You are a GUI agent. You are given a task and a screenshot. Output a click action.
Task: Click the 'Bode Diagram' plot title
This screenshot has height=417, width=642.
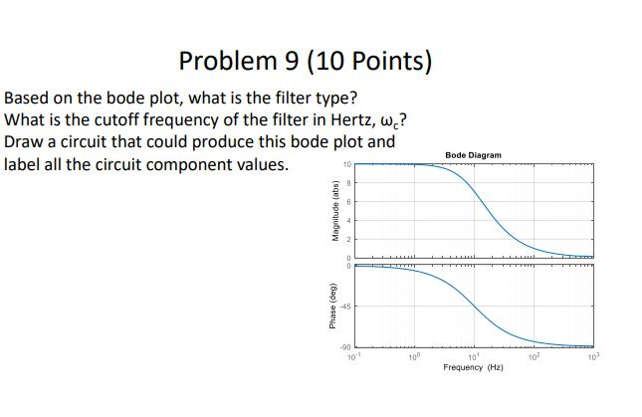click(x=474, y=155)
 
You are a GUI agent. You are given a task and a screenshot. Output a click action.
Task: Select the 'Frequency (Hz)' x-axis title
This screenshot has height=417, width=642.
click(x=474, y=367)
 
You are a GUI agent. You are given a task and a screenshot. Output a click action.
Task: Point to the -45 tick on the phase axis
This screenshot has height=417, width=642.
click(x=347, y=307)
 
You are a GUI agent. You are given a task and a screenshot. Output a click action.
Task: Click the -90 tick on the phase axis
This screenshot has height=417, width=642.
click(x=347, y=346)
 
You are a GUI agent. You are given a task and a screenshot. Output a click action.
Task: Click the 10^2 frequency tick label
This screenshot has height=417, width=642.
click(x=533, y=354)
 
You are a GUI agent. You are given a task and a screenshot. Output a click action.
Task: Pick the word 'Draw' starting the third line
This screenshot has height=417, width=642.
click(x=25, y=141)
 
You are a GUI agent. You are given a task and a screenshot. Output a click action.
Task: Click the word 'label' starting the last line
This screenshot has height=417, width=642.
click(x=24, y=162)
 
